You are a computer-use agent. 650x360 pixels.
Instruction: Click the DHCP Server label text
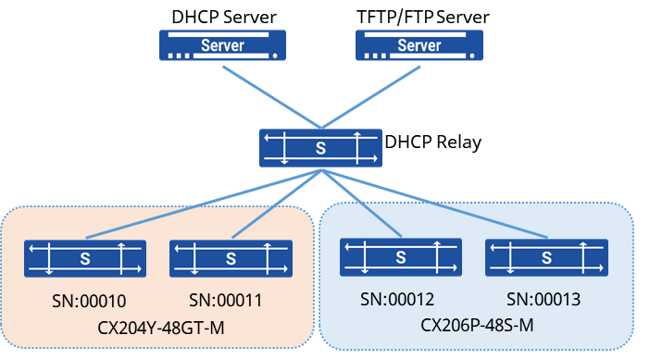[224, 17]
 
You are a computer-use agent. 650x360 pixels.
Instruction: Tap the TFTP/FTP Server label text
[423, 17]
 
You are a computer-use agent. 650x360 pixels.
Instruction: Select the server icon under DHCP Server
[222, 45]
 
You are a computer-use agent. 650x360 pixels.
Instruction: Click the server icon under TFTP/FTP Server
[419, 45]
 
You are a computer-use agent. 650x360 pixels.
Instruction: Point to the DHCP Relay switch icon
[320, 148]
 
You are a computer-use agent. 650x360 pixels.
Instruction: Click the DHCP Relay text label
[433, 143]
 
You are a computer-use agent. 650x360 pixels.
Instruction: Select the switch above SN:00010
[85, 258]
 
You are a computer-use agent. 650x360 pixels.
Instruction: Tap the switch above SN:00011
[231, 258]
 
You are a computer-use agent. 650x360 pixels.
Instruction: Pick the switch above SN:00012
[401, 257]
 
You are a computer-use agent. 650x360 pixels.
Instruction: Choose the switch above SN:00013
[547, 257]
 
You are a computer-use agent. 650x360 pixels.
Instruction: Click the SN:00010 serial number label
[89, 301]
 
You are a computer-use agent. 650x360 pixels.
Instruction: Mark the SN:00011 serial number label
[226, 301]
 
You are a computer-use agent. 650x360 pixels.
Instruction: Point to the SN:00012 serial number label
[397, 299]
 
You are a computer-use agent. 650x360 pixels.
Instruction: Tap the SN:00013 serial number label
[544, 299]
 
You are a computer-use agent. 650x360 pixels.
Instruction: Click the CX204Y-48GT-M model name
[161, 329]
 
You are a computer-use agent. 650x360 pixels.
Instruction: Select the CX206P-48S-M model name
[477, 325]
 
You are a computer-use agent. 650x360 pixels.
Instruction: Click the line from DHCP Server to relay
[272, 97]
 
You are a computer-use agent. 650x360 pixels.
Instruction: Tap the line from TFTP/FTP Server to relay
[370, 97]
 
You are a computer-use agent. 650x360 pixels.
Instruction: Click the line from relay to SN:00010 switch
[204, 204]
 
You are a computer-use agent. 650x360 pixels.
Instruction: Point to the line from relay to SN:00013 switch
[434, 204]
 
